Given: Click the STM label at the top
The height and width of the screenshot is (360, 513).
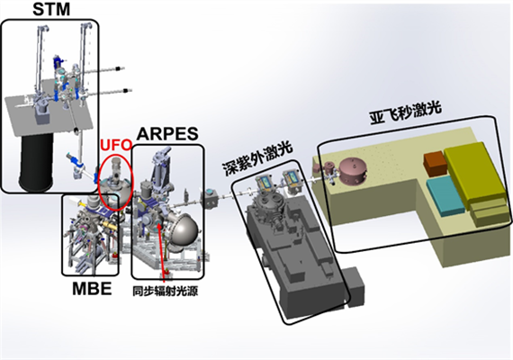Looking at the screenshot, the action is pos(51,10).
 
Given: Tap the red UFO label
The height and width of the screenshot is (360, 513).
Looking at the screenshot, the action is pos(116,145).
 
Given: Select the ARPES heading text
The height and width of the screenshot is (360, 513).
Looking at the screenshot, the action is pos(167,134).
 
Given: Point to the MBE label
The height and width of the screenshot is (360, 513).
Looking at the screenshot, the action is pos(92,288).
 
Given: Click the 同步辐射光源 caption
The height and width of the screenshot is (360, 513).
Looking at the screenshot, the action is pos(166,291).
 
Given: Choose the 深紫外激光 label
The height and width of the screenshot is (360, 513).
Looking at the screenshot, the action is pos(257,158).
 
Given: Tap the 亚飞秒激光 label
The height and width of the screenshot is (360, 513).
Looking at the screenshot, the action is pos(406,112).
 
